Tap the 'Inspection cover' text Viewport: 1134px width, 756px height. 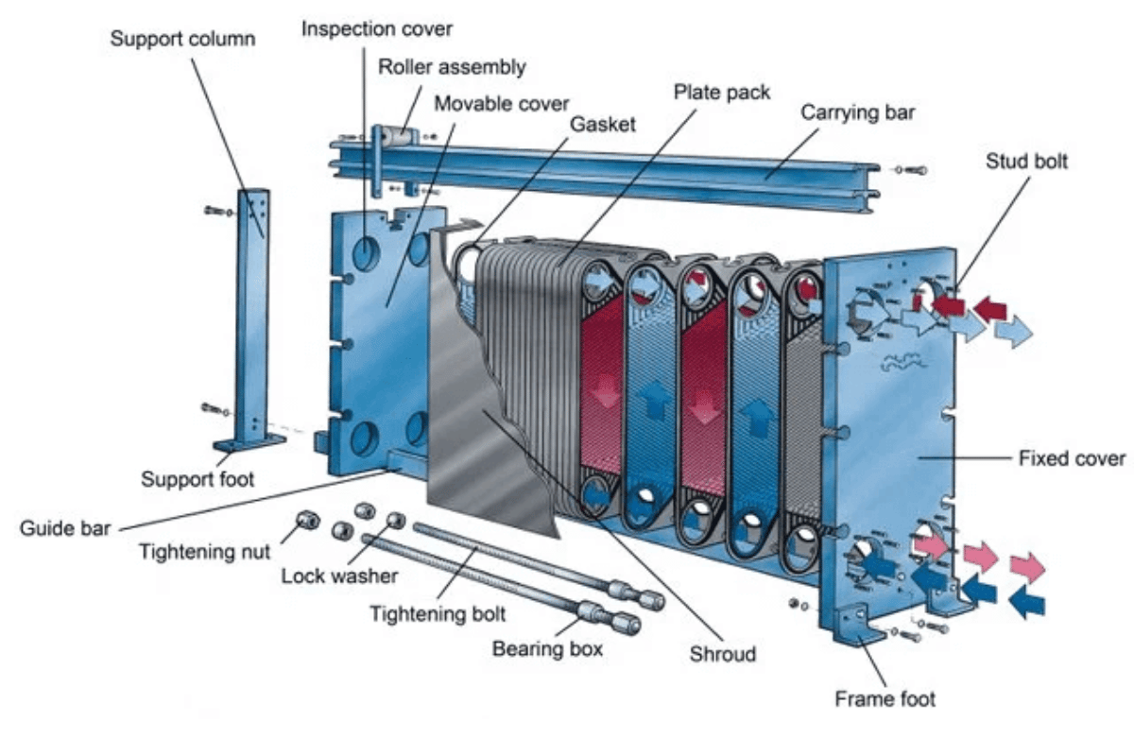coord(376,28)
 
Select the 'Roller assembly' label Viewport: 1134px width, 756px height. coord(452,67)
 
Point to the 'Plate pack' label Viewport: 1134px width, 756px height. coord(722,92)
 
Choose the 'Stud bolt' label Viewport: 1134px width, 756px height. coord(1025,162)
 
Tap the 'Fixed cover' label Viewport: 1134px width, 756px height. coord(1072,459)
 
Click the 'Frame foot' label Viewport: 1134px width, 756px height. coord(885,699)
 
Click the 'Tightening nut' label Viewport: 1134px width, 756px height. coord(204,552)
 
